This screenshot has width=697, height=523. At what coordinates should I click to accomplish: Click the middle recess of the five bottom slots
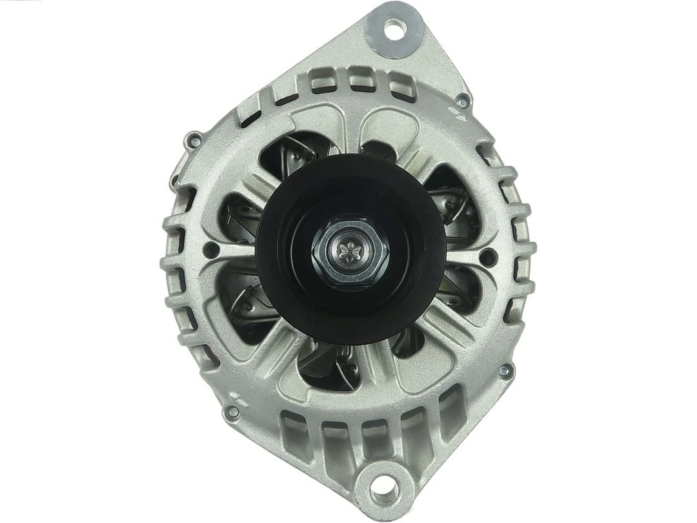click(372, 439)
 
